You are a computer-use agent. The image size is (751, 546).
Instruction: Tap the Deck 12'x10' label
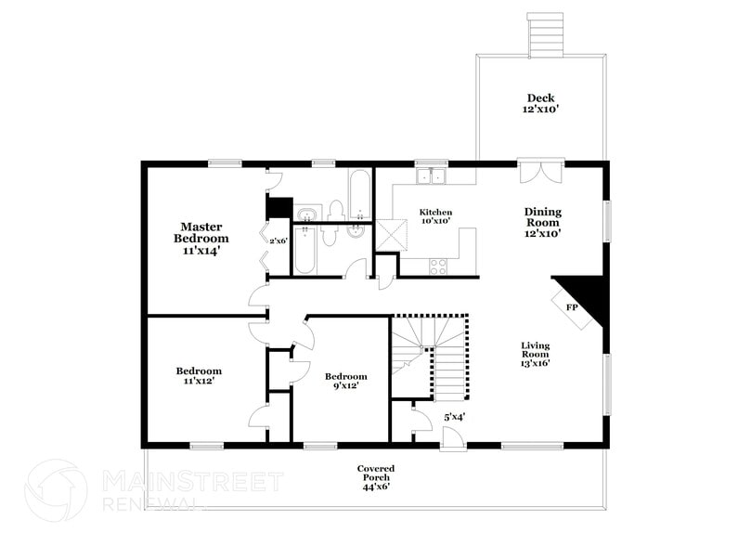(x=541, y=103)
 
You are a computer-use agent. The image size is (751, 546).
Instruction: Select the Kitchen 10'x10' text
(x=434, y=216)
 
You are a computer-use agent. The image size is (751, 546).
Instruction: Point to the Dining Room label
(x=542, y=223)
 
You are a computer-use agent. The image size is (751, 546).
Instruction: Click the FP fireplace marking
(x=573, y=305)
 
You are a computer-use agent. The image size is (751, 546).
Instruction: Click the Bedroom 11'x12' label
(x=200, y=376)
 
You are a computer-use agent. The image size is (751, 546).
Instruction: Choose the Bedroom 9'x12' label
(x=345, y=381)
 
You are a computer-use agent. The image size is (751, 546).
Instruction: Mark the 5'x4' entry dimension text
(x=454, y=417)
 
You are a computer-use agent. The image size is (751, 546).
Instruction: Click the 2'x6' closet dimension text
(x=278, y=241)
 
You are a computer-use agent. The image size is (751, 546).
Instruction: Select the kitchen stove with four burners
(x=437, y=266)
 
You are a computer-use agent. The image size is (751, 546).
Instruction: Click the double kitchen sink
(x=432, y=175)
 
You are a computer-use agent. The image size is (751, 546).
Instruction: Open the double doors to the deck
(x=540, y=172)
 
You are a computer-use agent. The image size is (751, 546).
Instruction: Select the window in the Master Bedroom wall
(x=225, y=164)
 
